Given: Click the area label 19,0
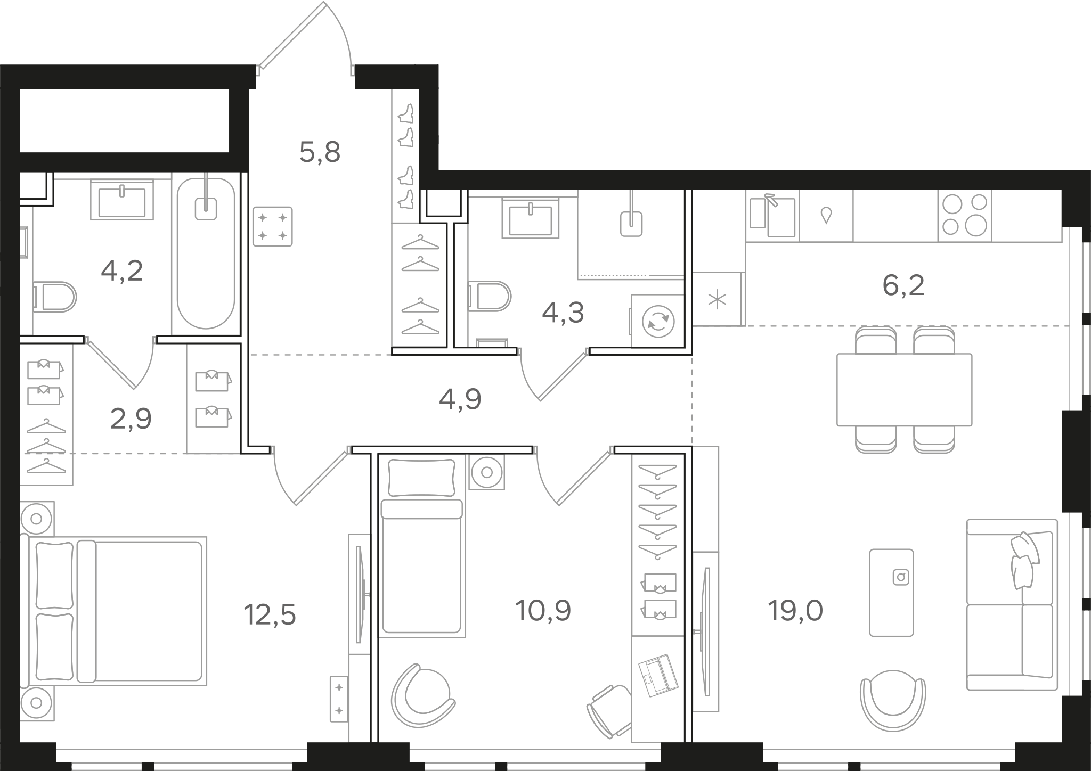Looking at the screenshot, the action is [x=795, y=611].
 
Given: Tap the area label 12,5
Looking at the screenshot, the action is [x=270, y=615].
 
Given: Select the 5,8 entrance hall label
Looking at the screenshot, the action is [x=320, y=152].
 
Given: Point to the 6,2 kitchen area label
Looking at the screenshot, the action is [x=903, y=285].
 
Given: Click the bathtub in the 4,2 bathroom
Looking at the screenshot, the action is [x=206, y=253].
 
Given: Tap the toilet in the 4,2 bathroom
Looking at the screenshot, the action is [x=55, y=297].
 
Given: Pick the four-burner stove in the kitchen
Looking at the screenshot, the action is [x=965, y=215].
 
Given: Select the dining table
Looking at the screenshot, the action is [x=904, y=390].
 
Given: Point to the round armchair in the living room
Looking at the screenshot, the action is [x=893, y=700].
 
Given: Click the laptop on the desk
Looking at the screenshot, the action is [x=658, y=676].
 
